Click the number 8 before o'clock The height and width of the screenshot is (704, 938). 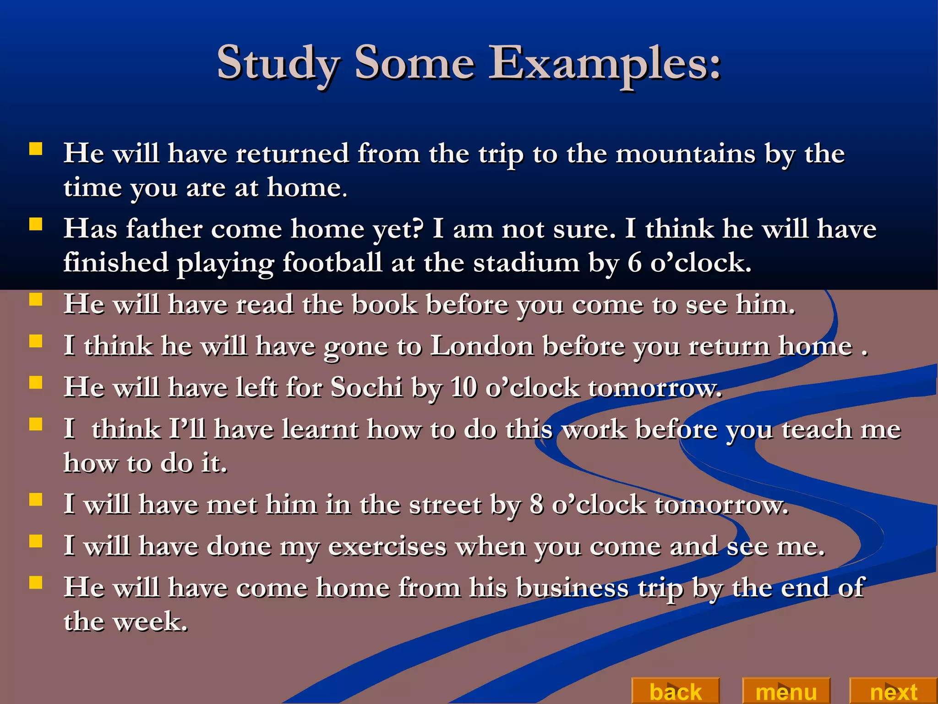pos(536,505)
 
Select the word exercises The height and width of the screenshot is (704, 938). pos(387,546)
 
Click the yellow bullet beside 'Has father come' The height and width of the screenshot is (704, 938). pos(36,224)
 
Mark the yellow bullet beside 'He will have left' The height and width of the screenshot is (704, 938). pos(36,382)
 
